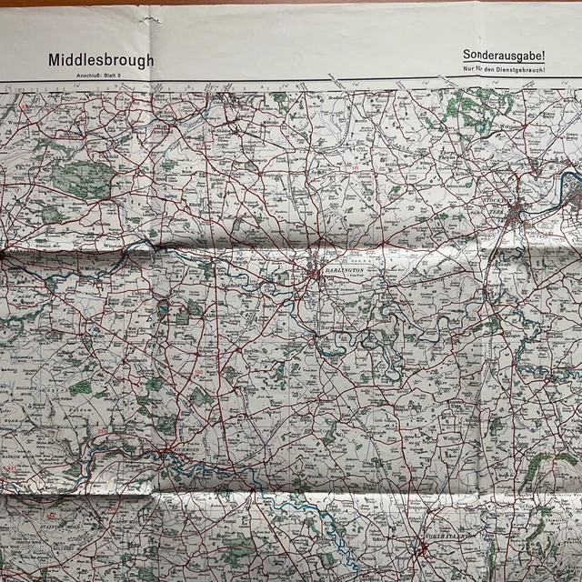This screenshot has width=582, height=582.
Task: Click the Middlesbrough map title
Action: coord(101,60)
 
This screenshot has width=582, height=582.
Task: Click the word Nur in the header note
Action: coord(468,70)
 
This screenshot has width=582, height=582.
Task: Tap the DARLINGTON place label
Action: coord(342,269)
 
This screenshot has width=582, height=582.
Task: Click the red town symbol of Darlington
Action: coord(316,271)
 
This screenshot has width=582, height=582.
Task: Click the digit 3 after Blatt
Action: coord(119,74)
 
